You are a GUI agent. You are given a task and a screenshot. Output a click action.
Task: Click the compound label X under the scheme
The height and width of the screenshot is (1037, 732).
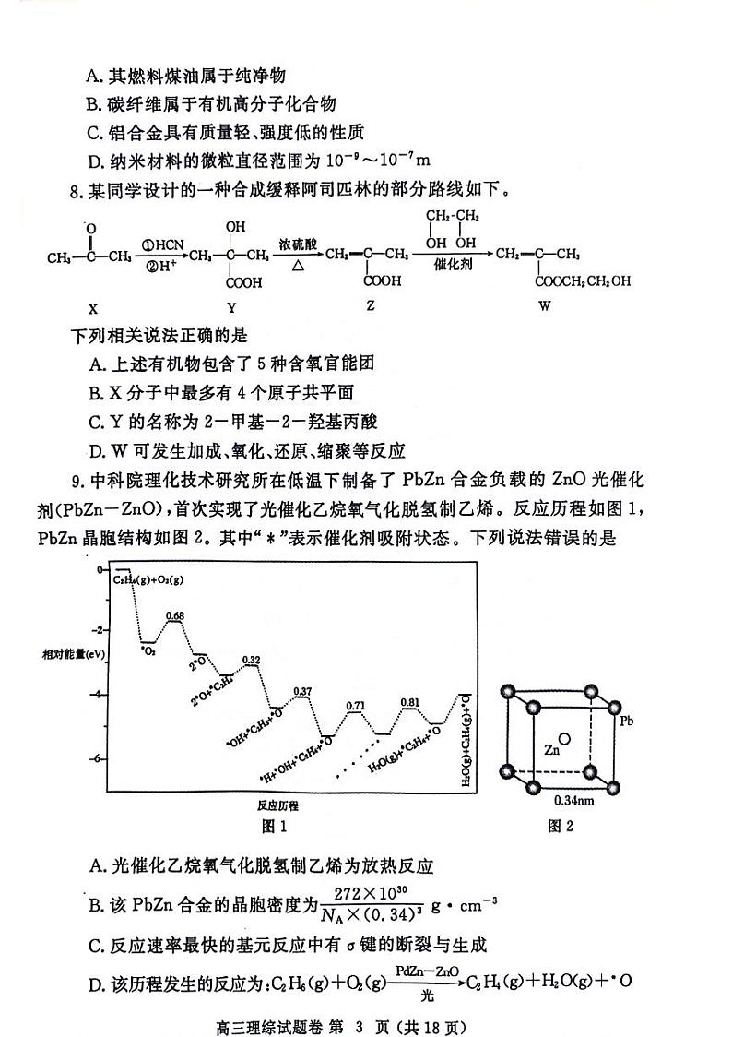point(92,306)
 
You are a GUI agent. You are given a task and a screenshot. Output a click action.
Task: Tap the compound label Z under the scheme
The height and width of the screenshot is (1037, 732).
point(370,306)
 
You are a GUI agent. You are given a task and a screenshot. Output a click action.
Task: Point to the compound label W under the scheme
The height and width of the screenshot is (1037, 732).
point(544,306)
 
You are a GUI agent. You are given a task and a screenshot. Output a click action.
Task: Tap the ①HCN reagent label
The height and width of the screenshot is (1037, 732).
point(163,244)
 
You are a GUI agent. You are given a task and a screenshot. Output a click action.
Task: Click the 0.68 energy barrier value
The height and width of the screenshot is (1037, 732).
point(175,615)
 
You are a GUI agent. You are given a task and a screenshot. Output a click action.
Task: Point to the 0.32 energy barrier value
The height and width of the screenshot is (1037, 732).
point(250,660)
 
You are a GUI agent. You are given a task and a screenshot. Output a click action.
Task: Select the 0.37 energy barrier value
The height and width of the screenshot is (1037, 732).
point(301,691)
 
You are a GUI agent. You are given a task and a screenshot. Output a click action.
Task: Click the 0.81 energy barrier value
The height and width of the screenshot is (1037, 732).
point(410,703)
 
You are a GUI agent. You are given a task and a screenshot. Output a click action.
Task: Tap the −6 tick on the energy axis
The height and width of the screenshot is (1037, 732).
point(98,758)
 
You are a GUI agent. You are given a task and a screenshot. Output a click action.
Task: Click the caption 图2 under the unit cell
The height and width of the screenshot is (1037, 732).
point(561,826)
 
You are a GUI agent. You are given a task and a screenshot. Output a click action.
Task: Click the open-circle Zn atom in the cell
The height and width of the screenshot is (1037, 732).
point(564,738)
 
